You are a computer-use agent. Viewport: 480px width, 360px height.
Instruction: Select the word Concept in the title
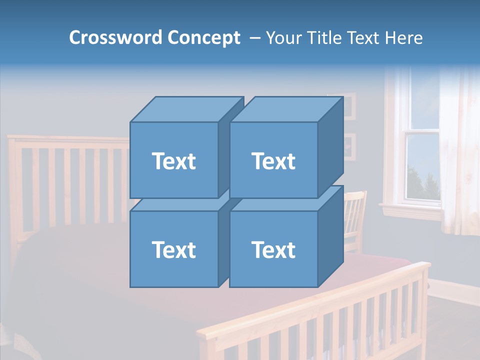coord(203,37)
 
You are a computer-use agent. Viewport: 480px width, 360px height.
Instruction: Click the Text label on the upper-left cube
coord(173,161)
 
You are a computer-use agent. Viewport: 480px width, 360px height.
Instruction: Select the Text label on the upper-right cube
coord(273,161)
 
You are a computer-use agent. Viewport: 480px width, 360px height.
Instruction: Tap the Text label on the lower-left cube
coord(173,249)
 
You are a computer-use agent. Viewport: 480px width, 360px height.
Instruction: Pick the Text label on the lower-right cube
coord(273,249)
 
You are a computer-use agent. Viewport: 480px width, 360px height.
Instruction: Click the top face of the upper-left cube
coord(186,109)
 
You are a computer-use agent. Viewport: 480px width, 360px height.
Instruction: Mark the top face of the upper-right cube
coord(286,109)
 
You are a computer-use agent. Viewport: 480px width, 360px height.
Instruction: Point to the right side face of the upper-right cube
coord(330,147)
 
